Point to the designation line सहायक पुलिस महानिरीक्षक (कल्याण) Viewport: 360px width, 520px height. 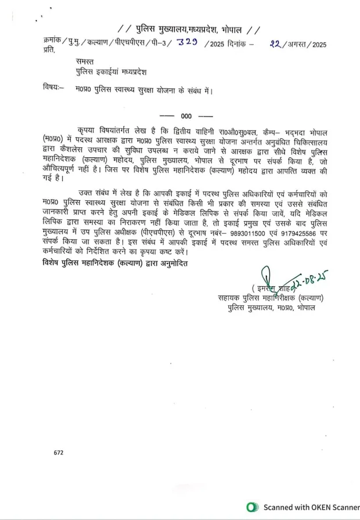pos(267,298)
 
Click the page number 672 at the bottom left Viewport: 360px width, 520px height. pos(59,452)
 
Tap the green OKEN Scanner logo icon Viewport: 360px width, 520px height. pos(253,507)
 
